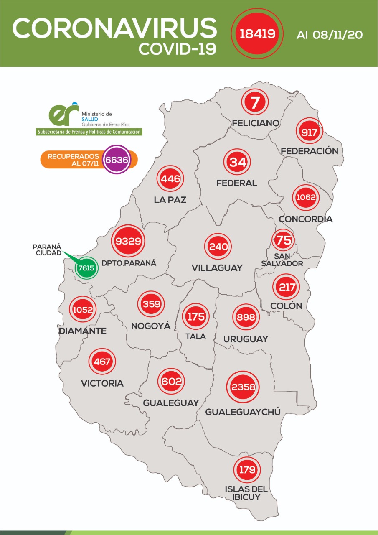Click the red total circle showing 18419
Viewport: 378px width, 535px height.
coord(256,33)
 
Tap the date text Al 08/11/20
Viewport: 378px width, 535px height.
coord(329,34)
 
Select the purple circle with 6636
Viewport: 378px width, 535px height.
coord(117,159)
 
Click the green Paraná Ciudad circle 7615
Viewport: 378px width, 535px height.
coord(86,267)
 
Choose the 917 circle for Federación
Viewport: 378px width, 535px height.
coord(310,133)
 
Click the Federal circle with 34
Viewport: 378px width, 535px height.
coord(237,162)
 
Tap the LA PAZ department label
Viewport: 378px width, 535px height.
coord(170,200)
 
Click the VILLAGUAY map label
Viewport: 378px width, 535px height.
coord(217,268)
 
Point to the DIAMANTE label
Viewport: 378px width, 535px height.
coord(83,331)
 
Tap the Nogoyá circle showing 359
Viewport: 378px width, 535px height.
coord(151,304)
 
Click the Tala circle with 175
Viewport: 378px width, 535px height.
coord(195,316)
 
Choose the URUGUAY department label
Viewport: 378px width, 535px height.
coord(246,339)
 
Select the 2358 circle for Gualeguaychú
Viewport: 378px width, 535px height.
coord(243,387)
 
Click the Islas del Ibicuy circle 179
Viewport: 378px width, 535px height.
coord(247,470)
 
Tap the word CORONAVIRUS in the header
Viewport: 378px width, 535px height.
coord(114,29)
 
